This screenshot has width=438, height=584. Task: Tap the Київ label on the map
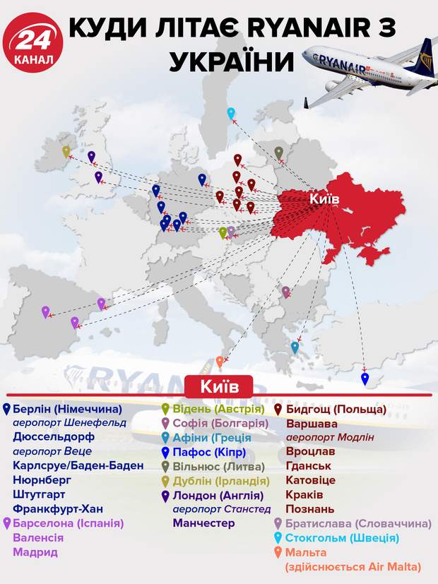[324, 200]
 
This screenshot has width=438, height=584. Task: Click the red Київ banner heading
[218, 386]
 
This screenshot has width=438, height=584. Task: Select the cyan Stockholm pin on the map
[230, 113]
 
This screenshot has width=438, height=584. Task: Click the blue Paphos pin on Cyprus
[365, 379]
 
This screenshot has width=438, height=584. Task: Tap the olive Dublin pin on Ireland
[66, 151]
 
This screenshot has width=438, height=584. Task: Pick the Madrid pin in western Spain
[46, 311]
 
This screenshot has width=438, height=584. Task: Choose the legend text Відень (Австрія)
[217, 409]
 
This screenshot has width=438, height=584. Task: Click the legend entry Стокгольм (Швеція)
[336, 538]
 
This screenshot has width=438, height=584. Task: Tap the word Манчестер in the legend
[203, 523]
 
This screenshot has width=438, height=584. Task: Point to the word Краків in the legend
[304, 494]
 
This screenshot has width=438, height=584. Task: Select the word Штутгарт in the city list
[44, 494]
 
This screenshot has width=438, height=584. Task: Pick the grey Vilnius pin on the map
[279, 153]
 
